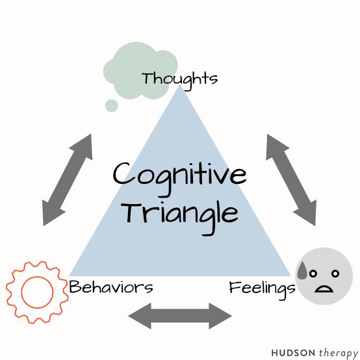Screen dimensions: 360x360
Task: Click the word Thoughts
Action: click(x=179, y=80)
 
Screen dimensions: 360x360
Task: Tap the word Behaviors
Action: click(x=111, y=287)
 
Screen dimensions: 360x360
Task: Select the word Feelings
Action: click(x=262, y=289)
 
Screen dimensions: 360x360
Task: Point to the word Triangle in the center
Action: click(x=180, y=217)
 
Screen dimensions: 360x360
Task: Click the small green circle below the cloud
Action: click(x=112, y=106)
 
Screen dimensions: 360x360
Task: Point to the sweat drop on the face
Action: click(x=303, y=271)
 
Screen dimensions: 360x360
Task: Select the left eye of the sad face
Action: click(x=313, y=274)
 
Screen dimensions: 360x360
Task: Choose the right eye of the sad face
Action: click(x=335, y=274)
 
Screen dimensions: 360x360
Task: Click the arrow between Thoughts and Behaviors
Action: click(x=68, y=180)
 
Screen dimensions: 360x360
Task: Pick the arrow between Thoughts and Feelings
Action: click(x=291, y=180)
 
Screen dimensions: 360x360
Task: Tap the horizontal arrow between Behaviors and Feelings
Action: click(x=180, y=316)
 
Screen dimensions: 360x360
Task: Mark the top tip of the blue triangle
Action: click(x=180, y=85)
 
